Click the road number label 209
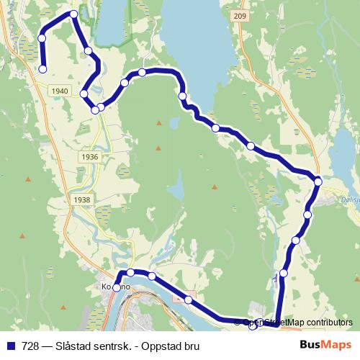point(240,15)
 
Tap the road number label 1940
point(61,91)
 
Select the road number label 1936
point(90,156)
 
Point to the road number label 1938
point(83,199)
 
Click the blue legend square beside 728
point(12,346)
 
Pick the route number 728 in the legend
point(32,346)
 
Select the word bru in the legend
point(191,346)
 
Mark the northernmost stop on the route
point(73,14)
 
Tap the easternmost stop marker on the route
point(318,181)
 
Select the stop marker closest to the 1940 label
point(84,94)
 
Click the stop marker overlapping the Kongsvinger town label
point(117,288)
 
